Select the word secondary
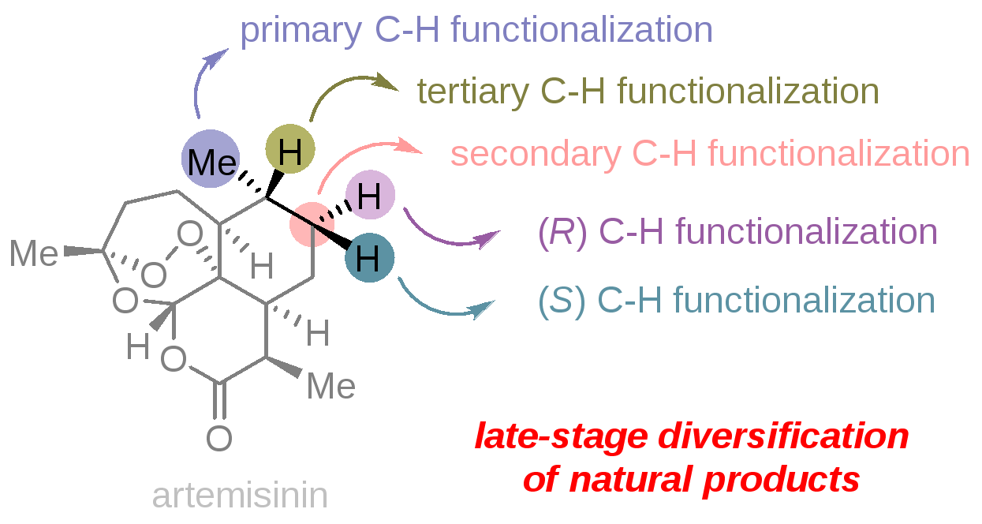535,153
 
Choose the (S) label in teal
562,301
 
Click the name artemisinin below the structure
240,496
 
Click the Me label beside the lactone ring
331,386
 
